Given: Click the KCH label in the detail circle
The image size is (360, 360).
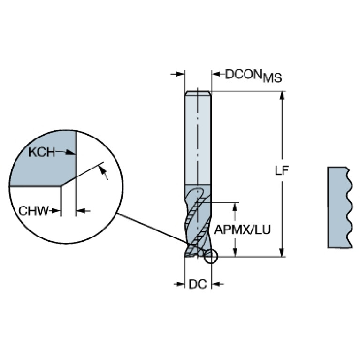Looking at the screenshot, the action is [x=42, y=152].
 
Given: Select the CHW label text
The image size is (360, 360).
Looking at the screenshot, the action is [x=34, y=211].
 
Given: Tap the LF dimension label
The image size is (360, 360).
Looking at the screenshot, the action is [x=282, y=170].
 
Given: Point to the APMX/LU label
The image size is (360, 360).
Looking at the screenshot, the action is [x=243, y=230].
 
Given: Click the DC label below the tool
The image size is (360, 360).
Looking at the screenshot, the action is [x=198, y=284].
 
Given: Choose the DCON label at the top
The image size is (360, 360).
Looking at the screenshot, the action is [x=244, y=74].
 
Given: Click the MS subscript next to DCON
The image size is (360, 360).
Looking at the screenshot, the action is [x=273, y=78].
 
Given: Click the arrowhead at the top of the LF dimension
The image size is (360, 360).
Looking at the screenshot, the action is [x=283, y=95].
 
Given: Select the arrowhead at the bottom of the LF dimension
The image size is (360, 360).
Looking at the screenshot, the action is [x=283, y=253].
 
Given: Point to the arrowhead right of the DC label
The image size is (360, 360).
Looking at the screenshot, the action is [x=215, y=284].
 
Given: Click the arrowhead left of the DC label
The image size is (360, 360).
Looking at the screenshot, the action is [x=181, y=284].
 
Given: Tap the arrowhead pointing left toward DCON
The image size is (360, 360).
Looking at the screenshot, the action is [x=215, y=74].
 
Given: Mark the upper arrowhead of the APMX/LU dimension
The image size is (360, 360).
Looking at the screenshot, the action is [x=235, y=207].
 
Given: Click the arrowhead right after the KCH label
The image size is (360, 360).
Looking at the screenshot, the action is [x=70, y=153].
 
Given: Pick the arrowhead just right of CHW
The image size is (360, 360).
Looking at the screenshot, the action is [x=56, y=211].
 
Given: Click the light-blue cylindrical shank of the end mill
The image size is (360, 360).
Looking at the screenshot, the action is [x=198, y=138].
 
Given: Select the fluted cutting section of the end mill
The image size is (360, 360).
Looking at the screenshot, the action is [x=198, y=221].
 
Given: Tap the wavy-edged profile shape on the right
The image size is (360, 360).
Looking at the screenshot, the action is [x=340, y=207].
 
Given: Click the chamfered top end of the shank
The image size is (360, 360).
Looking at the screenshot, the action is [x=198, y=93].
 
